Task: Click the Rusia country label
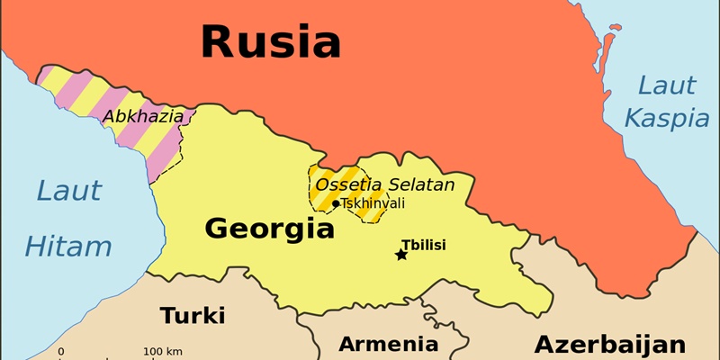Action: tap(270, 41)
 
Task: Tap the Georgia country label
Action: tap(269, 229)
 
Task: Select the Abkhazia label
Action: tap(143, 116)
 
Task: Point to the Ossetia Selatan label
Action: tap(383, 185)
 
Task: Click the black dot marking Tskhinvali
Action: tap(336, 203)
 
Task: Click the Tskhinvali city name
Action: tap(373, 203)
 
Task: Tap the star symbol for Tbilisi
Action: tap(401, 255)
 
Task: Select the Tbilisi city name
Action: tap(423, 244)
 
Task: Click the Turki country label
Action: tap(193, 316)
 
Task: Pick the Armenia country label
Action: tap(388, 344)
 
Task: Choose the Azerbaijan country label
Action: tap(609, 344)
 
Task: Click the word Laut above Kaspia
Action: tap(666, 86)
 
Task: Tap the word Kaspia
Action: tap(661, 118)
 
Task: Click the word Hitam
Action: tap(68, 247)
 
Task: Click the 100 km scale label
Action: tap(163, 351)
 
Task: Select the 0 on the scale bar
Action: tap(61, 351)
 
